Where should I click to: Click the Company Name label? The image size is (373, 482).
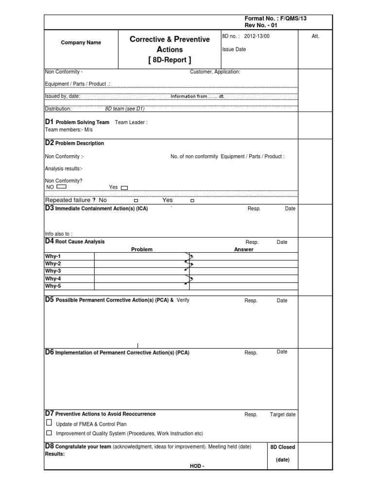pyautogui.click(x=81, y=43)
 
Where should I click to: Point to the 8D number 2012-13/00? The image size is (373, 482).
pyautogui.click(x=256, y=37)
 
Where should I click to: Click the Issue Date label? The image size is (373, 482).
pyautogui.click(x=234, y=49)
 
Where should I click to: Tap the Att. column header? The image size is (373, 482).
pyautogui.click(x=316, y=37)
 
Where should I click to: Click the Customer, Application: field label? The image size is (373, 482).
pyautogui.click(x=215, y=72)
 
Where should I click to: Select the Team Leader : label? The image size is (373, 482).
pyautogui.click(x=131, y=123)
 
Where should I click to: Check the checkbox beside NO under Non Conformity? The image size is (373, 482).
pyautogui.click(x=61, y=187)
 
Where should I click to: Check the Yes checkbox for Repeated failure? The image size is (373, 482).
pyautogui.click(x=192, y=201)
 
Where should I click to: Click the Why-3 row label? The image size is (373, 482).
pyautogui.click(x=53, y=271)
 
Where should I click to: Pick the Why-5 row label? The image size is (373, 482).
pyautogui.click(x=53, y=286)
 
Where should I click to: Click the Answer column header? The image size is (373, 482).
pyautogui.click(x=244, y=250)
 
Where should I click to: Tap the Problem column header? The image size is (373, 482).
pyautogui.click(x=142, y=250)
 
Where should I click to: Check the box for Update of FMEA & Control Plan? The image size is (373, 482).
pyautogui.click(x=49, y=423)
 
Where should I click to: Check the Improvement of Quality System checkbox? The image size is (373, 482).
pyautogui.click(x=49, y=433)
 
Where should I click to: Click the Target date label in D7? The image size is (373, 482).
pyautogui.click(x=283, y=415)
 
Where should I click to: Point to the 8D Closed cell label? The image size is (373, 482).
pyautogui.click(x=283, y=447)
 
